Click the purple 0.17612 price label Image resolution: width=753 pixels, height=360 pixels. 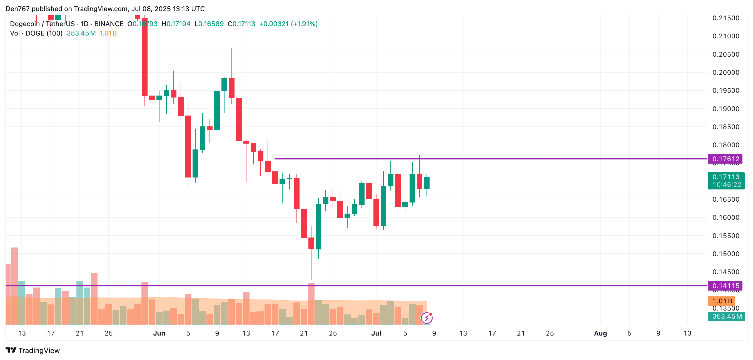tap(725, 159)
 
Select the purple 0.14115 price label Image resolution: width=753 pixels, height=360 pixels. tap(725, 286)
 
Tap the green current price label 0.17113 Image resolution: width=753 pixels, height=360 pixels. tap(725, 177)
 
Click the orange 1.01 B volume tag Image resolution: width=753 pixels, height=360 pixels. tap(721, 301)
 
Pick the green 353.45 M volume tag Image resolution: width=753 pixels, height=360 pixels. tap(726, 316)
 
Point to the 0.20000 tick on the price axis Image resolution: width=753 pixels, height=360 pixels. tap(725, 72)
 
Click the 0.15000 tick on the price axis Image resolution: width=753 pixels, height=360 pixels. tap(725, 254)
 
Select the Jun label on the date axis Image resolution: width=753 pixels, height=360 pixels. tap(159, 333)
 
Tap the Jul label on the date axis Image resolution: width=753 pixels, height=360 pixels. tap(376, 333)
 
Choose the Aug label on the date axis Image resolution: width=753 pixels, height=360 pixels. tap(600, 333)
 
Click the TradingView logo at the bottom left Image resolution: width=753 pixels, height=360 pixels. tap(33, 350)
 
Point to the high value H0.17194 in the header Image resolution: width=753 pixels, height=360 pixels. tap(176, 24)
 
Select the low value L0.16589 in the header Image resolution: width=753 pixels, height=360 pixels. tap(209, 24)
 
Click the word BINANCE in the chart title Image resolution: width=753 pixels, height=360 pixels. tap(109, 24)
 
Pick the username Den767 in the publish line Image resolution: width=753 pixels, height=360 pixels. tap(18, 9)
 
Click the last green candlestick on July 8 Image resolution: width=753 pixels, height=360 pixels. tap(427, 183)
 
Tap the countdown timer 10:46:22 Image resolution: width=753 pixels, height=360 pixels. tap(727, 185)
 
